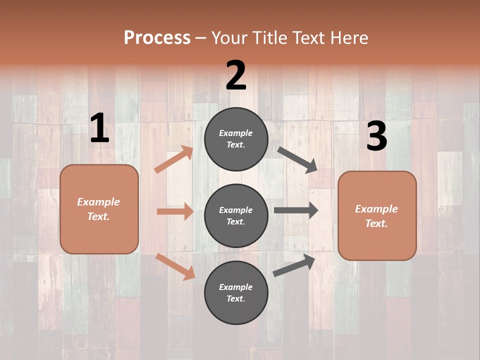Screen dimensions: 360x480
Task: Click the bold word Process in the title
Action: (x=157, y=37)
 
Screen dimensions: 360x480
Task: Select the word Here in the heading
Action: (x=348, y=37)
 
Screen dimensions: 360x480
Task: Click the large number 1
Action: (x=99, y=128)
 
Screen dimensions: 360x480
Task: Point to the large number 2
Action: (x=236, y=75)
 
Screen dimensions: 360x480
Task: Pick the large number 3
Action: (x=376, y=136)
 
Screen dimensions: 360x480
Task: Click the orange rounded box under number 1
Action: (x=99, y=209)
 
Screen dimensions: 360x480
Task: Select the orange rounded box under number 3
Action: (x=377, y=216)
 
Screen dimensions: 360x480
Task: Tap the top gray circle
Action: (x=236, y=139)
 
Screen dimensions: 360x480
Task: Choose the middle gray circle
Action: (x=236, y=215)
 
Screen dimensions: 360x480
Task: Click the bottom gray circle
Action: (x=236, y=292)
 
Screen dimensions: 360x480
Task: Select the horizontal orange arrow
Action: (x=175, y=211)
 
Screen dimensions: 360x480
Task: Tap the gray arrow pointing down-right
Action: (x=297, y=160)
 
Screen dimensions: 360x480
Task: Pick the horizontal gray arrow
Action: (x=296, y=210)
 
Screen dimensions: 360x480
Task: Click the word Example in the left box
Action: (x=98, y=202)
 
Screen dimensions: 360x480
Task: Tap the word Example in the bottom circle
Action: (x=236, y=287)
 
